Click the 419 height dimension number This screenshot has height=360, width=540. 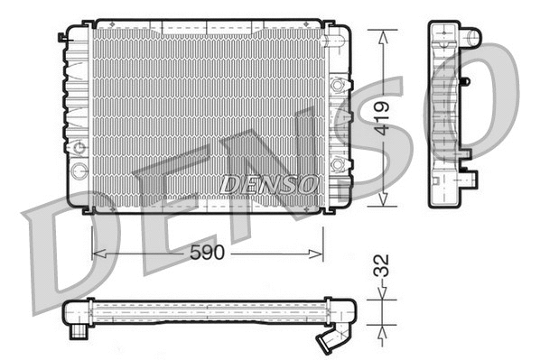[385, 117]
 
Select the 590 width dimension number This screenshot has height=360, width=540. [207, 254]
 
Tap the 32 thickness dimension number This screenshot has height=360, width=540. [383, 267]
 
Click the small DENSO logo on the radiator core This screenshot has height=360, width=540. [269, 182]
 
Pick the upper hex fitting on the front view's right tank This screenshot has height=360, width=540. [339, 87]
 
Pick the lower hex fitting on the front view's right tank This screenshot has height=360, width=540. [339, 163]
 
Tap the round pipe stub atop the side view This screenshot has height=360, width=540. [472, 37]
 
